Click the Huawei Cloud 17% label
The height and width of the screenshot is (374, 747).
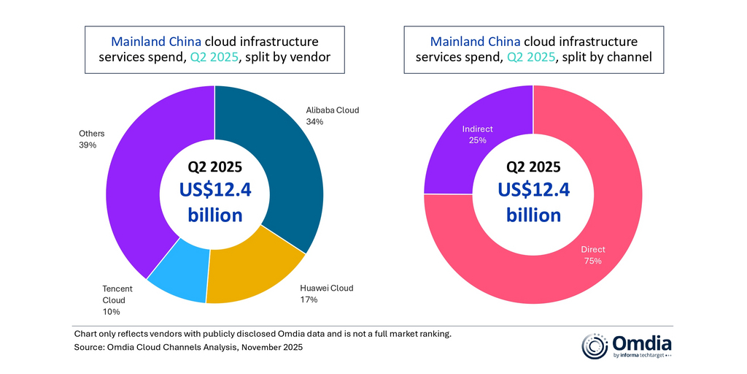click(326, 294)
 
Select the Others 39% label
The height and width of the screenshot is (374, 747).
click(92, 139)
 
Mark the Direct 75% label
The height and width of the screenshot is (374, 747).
click(593, 255)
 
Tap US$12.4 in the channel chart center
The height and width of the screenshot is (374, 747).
click(533, 190)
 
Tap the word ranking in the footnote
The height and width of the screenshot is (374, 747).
click(433, 334)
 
